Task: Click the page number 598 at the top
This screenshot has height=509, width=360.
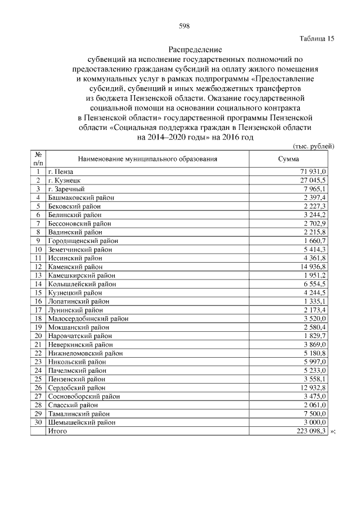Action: coord(183,26)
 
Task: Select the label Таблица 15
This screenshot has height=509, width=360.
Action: coord(317,39)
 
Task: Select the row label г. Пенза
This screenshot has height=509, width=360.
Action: coord(61,171)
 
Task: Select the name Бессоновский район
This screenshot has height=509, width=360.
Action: coord(79,223)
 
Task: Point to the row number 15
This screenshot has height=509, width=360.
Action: coord(39,292)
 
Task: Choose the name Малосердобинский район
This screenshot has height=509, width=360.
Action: coord(88,318)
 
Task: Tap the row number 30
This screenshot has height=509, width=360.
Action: coord(39,422)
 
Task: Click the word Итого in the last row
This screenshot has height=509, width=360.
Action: coord(57,431)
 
